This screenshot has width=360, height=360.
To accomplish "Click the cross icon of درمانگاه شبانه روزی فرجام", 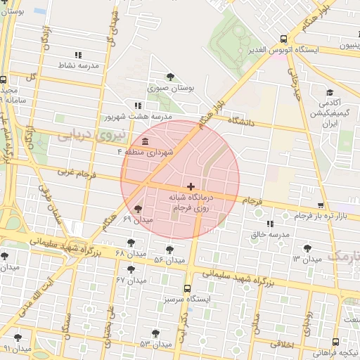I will point(191,186).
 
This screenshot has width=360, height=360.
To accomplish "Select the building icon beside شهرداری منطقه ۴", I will point(145,141).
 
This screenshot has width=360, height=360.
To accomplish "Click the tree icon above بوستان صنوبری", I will point(170,77).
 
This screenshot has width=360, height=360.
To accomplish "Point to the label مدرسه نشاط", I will point(77,65).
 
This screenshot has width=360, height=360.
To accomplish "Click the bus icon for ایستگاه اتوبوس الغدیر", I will point(283,39).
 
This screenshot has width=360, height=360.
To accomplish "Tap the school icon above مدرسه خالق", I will point(271,224).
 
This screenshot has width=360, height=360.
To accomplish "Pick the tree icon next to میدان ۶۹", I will point(138,209).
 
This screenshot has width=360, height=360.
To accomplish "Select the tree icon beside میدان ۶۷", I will point(131,269).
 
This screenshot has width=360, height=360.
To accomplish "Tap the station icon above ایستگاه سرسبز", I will point(187,288).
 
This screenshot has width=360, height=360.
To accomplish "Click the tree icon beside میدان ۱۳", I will point(307,247).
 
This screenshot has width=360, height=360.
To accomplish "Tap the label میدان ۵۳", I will point(155,344).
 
